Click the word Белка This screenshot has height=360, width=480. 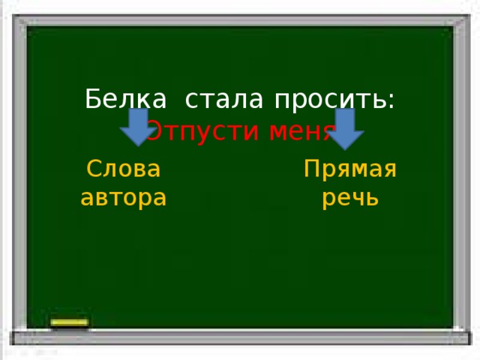[x=126, y=99]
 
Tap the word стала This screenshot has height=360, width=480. [x=224, y=99]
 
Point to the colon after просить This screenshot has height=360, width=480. [x=392, y=102]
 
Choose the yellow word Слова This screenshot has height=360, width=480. [x=124, y=169]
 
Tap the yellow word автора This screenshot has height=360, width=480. [x=123, y=198]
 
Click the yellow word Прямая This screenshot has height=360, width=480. [x=349, y=169]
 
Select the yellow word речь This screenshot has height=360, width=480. [x=349, y=199]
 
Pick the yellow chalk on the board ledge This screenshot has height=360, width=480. [x=70, y=324]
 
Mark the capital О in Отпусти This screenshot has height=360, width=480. [x=152, y=133]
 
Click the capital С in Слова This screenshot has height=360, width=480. [x=94, y=169]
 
